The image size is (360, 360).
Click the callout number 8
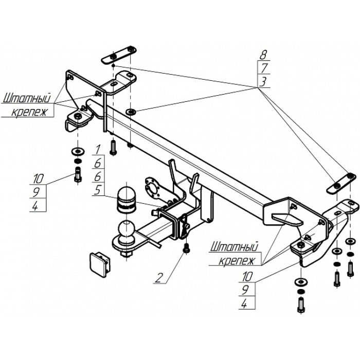coord(263,53)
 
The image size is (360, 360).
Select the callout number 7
coord(263,67)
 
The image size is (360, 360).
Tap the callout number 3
coord(263,81)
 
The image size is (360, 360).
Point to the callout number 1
coord(97,150)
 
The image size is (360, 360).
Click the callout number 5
coord(97,190)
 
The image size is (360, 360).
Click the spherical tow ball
coord(125,231)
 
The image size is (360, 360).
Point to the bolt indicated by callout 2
coord(186,248)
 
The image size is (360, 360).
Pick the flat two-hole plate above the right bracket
coord(339,184)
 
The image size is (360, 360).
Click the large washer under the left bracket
coord(78,151)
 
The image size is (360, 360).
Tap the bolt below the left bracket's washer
coord(77,174)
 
